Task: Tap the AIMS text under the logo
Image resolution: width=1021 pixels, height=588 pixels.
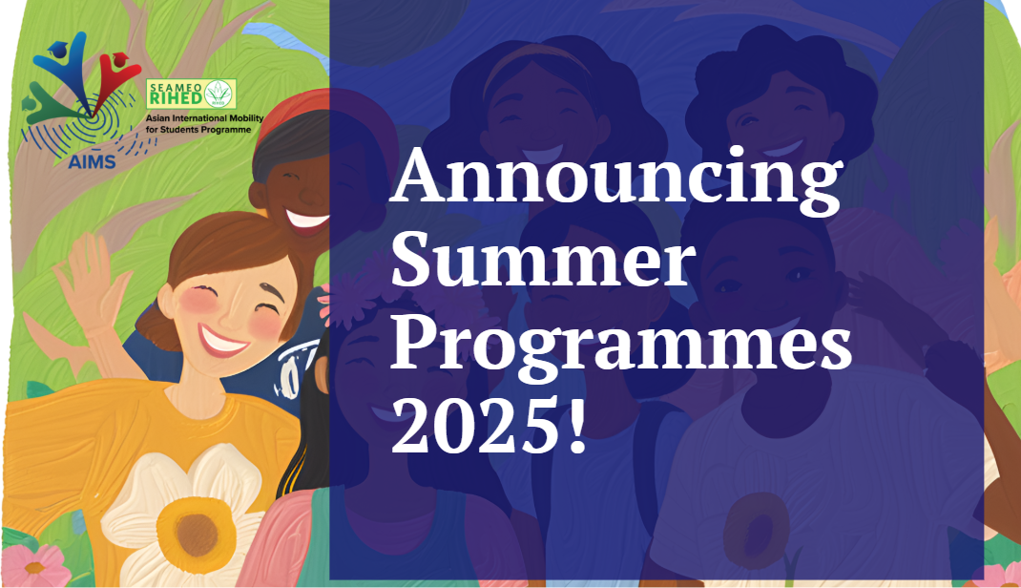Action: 92,161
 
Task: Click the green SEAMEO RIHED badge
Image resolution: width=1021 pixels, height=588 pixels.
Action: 191,94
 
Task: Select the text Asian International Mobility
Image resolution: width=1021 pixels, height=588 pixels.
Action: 204,118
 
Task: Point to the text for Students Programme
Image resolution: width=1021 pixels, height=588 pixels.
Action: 198,130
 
